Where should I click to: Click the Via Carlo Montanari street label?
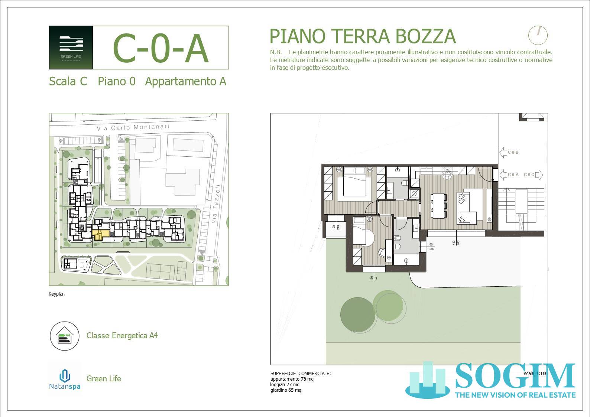pos(133,127)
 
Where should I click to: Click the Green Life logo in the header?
pos(71,47)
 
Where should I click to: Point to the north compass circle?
pos(538,35)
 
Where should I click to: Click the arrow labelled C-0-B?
pos(509,152)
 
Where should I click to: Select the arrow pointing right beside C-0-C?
pos(539,175)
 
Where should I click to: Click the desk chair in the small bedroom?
pos(381,252)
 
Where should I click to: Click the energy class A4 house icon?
pos(65,336)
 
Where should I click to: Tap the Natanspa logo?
pos(65,379)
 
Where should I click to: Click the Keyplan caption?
pos(56,294)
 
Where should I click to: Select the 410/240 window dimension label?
pos(453,242)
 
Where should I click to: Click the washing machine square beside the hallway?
pos(414,194)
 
